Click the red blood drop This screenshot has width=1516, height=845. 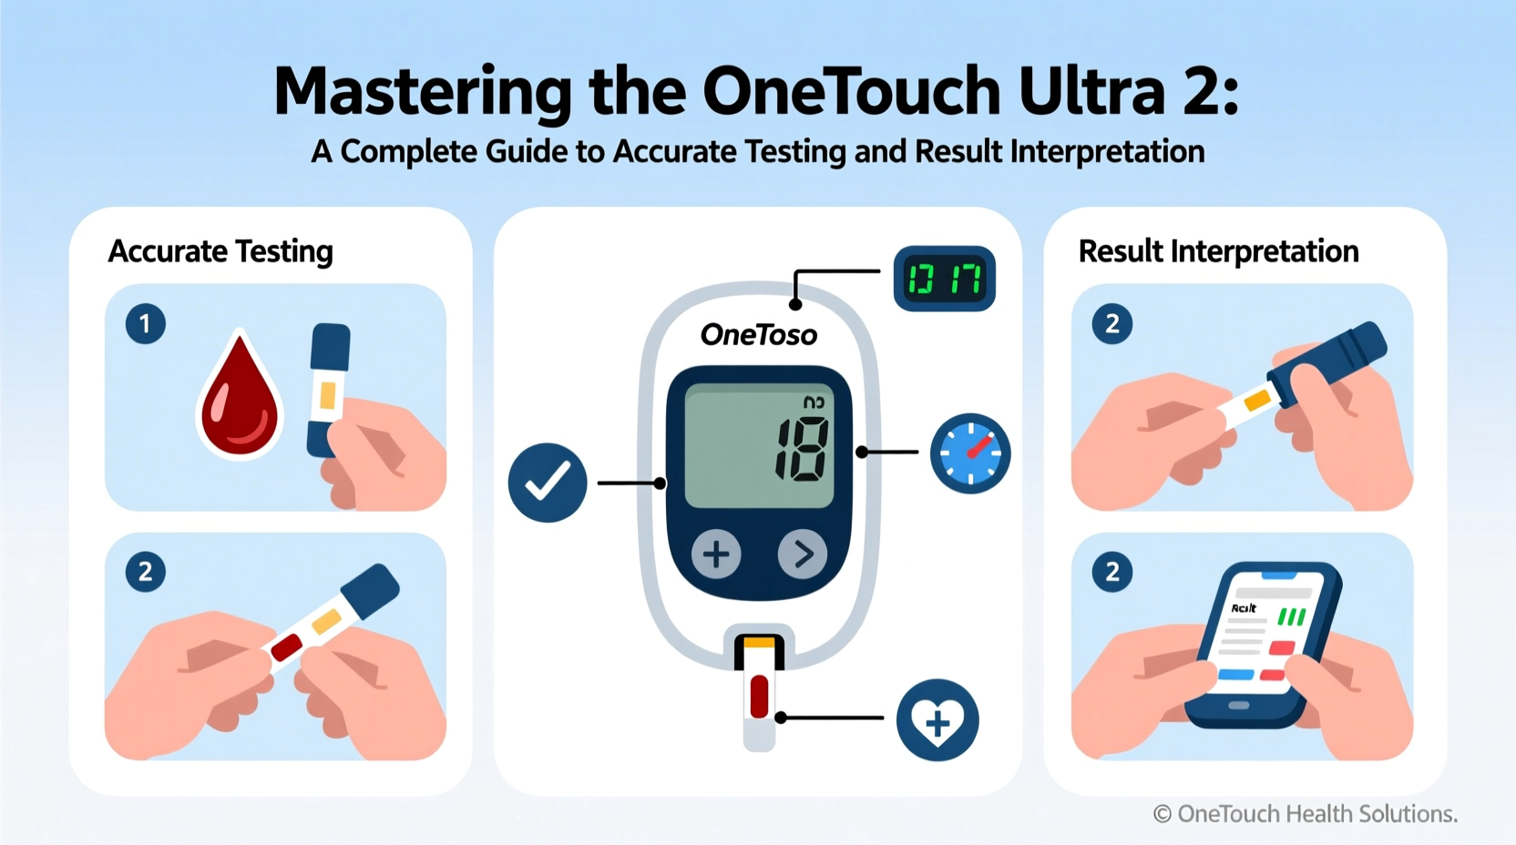point(241,401)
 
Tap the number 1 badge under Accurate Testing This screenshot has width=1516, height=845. point(146,324)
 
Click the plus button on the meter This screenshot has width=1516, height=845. point(716,554)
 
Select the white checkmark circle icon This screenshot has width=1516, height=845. point(548,483)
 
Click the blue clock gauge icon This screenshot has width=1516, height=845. point(970,453)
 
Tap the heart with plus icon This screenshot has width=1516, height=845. point(937,720)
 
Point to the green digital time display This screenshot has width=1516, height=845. point(945,279)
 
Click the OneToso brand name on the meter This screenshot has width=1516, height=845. point(759,335)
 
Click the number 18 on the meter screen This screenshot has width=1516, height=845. point(803,449)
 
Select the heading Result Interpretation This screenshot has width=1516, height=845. point(1218,251)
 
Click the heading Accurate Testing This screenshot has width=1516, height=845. point(220,251)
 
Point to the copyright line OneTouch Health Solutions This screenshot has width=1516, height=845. point(1306,813)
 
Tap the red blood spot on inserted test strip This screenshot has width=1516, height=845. point(759,696)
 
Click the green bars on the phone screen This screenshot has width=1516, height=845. point(1292,616)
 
